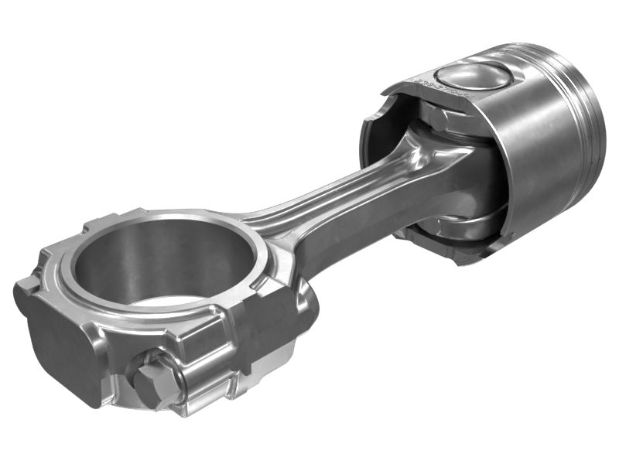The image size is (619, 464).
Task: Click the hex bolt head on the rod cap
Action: [x=152, y=377]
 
